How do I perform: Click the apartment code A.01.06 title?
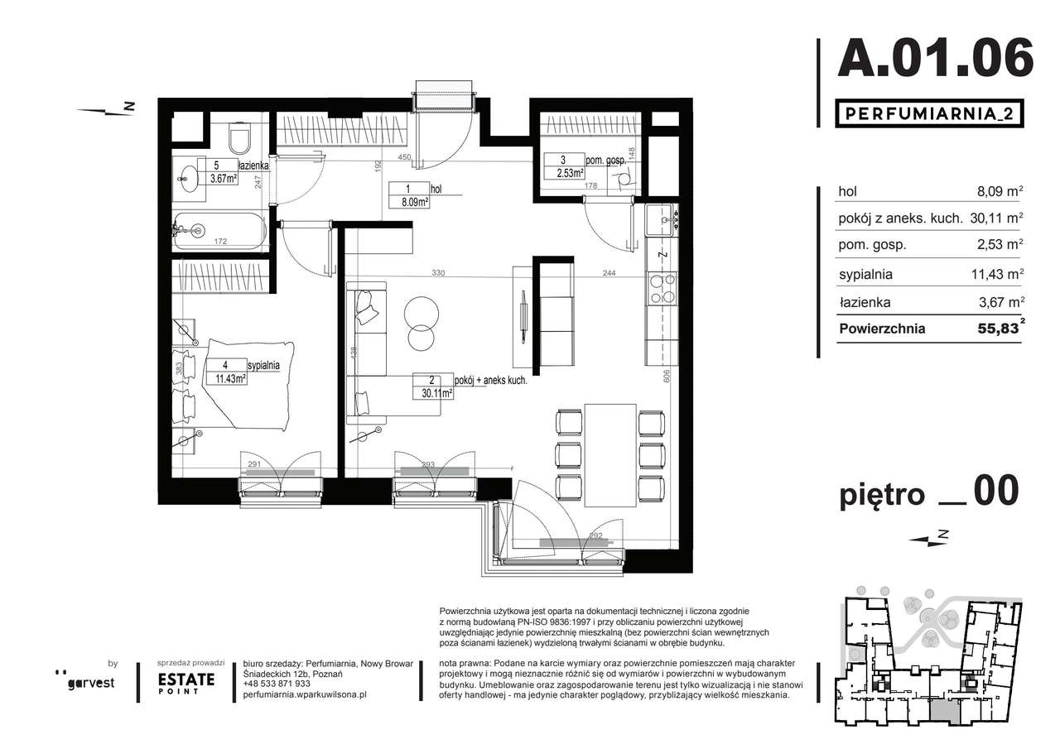936,58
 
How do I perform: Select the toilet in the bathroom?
239,140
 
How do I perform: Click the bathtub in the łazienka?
219,229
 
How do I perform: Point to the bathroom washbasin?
189,176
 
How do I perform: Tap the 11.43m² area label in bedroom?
226,379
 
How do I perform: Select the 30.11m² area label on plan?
434,395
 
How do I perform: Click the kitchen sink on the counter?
661,218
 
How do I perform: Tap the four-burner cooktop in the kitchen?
662,290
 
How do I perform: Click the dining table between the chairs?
610,455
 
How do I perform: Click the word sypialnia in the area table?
865,275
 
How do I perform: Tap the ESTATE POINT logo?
186,681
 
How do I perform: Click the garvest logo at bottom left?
91,681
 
